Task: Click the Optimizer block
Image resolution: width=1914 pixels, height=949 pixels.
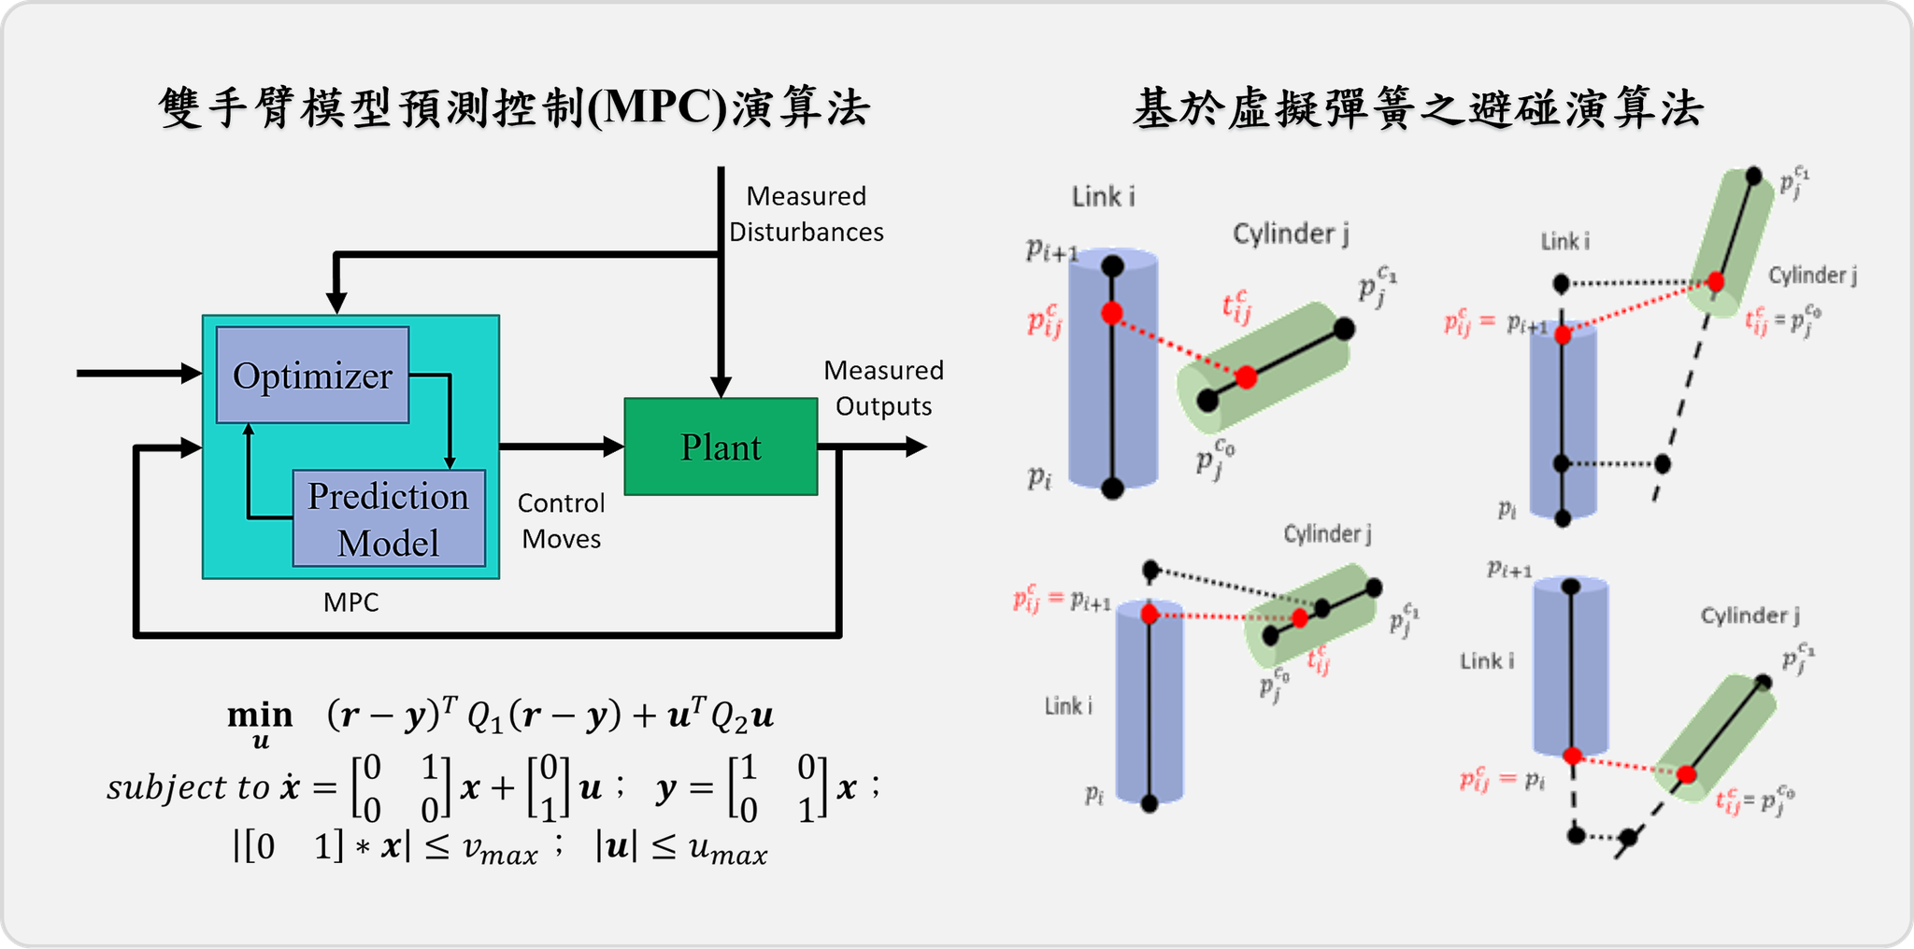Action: [312, 375]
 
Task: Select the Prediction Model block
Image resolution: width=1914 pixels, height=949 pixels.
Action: [389, 518]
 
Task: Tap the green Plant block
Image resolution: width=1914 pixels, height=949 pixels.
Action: [721, 446]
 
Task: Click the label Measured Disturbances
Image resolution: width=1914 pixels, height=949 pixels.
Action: [806, 214]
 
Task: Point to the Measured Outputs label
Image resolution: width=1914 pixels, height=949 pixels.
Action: [883, 389]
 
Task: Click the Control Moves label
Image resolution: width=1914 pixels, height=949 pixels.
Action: [561, 520]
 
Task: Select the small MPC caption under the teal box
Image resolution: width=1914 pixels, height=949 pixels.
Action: [351, 602]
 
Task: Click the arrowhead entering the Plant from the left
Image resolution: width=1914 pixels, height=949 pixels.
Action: [614, 446]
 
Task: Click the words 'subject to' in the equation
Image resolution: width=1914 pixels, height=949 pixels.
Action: [188, 787]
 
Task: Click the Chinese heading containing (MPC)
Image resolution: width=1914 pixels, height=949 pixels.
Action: [515, 107]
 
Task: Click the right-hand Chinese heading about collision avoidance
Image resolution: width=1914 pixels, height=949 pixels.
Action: [1418, 109]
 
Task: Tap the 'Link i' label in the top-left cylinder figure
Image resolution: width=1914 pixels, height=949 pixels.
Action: [1103, 197]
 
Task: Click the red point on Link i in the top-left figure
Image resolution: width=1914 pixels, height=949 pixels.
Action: [1111, 313]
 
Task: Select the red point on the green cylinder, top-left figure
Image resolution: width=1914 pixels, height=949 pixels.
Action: [1246, 377]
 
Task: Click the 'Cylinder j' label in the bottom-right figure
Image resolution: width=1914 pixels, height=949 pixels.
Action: [1750, 616]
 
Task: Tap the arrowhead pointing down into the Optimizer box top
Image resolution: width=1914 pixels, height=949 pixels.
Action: [336, 304]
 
